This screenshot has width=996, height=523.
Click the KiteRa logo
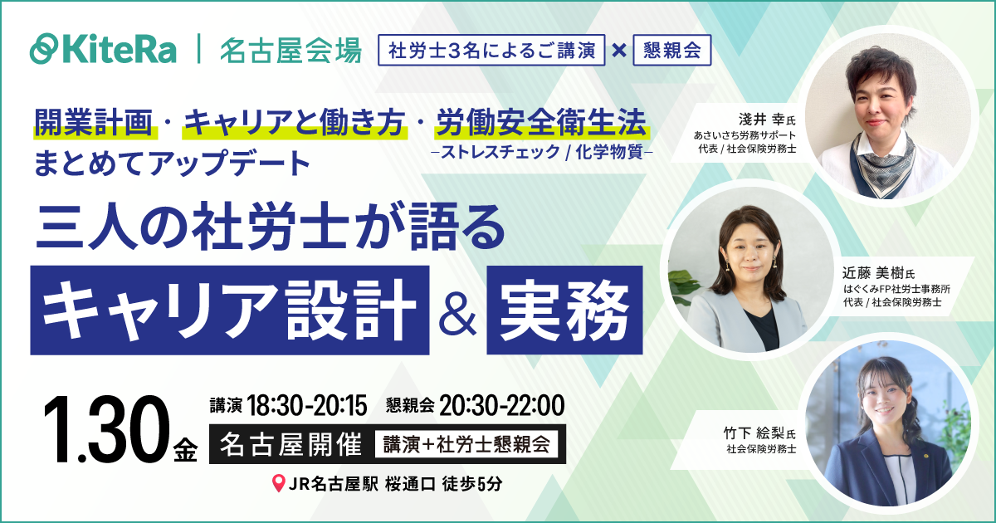(x=103, y=49)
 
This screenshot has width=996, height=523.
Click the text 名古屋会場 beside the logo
(x=290, y=50)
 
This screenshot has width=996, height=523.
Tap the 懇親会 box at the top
(x=671, y=50)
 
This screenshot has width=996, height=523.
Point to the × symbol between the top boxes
(x=618, y=50)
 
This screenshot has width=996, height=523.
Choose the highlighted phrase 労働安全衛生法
(x=543, y=123)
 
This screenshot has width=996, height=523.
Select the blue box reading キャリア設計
(x=230, y=307)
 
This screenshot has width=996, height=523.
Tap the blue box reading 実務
(x=564, y=307)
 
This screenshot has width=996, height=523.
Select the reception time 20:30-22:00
(x=501, y=406)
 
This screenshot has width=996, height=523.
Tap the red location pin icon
(x=278, y=483)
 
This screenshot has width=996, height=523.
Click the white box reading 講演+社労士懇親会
(x=466, y=445)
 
